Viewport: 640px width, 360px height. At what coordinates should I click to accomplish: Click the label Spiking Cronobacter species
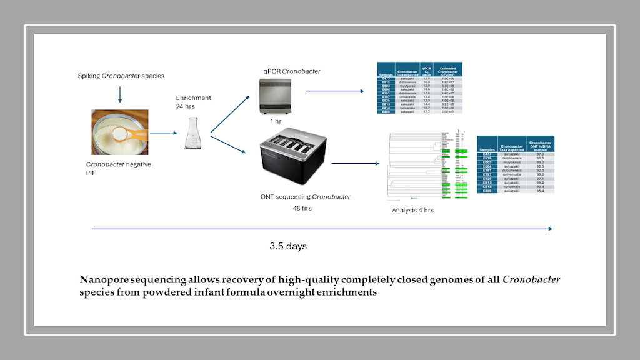tap(121, 76)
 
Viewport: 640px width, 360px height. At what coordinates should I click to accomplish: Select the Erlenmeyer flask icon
tap(191, 132)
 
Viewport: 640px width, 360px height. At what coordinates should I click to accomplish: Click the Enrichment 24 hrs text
tap(193, 102)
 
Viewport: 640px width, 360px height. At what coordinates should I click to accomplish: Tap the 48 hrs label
tap(302, 208)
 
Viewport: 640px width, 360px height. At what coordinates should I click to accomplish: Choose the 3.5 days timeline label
tap(288, 246)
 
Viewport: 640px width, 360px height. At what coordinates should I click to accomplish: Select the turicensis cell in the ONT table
tap(508, 186)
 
